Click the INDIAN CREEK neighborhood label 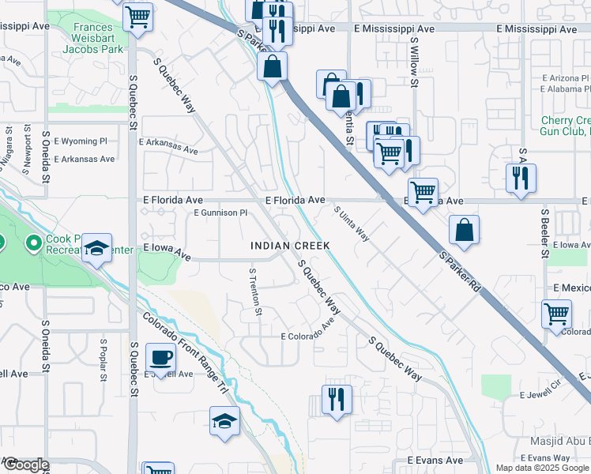(290, 246)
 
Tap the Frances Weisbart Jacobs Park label (99, 38)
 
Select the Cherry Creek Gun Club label (565, 126)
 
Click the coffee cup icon (162, 357)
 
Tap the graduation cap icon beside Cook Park (96, 248)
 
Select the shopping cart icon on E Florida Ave (423, 192)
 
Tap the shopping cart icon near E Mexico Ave (557, 313)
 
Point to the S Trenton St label (254, 291)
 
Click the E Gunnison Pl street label (220, 213)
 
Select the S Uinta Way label (352, 224)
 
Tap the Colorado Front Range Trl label (186, 352)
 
